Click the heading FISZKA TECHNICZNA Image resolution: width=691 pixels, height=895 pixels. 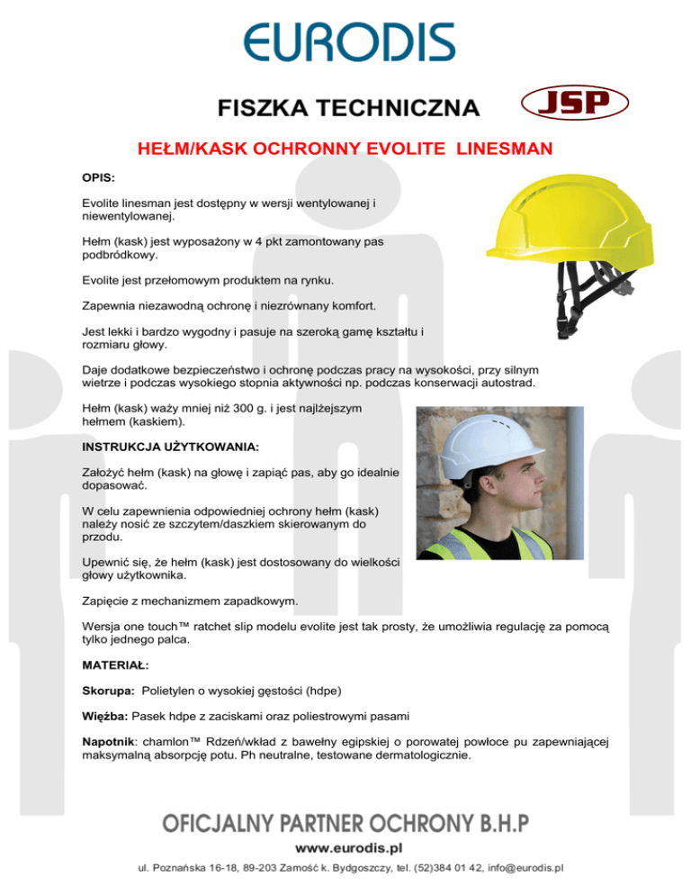[x=347, y=109]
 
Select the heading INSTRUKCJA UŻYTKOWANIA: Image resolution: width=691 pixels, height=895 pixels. [x=170, y=446]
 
